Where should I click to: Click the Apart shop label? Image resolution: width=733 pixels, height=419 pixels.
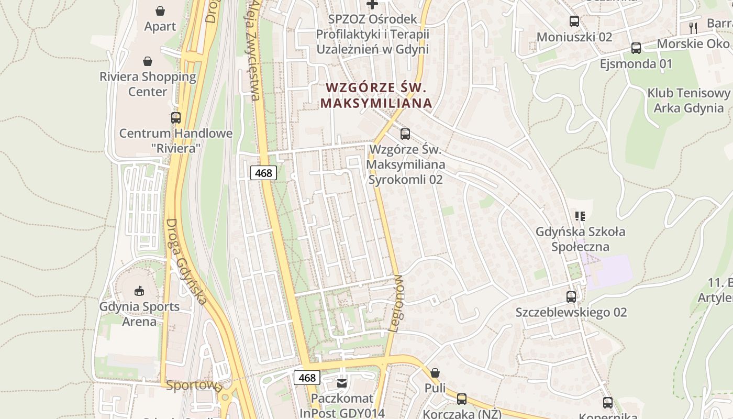(x=160, y=26)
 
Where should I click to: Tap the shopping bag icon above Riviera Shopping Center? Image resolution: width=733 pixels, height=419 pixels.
(x=148, y=61)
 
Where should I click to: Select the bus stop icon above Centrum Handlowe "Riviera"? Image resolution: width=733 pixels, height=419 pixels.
(x=175, y=118)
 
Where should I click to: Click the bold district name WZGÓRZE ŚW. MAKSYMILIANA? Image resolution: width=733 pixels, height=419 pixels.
(x=376, y=95)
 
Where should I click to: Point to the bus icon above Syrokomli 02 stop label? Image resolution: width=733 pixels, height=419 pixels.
(x=405, y=134)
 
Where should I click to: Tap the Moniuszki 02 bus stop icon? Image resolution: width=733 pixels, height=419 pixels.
(x=574, y=21)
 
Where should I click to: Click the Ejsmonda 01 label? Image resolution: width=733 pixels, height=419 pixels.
(x=636, y=64)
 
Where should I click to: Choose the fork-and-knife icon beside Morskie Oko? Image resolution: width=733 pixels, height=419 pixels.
(x=693, y=28)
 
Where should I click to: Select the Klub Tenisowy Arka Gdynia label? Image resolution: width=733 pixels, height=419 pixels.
(x=688, y=101)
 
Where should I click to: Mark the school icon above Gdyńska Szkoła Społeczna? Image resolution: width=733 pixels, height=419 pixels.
(x=580, y=216)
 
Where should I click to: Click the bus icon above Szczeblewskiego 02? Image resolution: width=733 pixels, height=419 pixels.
(x=571, y=296)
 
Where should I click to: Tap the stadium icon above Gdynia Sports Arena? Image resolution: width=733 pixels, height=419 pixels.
(x=139, y=291)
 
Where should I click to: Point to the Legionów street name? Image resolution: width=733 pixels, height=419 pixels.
(x=396, y=304)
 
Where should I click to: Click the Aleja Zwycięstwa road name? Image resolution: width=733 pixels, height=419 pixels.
(x=254, y=50)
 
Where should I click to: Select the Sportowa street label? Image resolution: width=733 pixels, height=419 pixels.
(x=194, y=386)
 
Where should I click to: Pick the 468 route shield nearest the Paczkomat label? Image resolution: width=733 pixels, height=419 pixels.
(x=307, y=378)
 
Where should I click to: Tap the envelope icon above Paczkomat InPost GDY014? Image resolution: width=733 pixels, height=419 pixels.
(x=342, y=383)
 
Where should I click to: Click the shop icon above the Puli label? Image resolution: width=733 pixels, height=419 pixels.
(x=435, y=373)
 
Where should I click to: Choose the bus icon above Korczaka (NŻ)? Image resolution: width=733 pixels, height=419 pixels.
(x=462, y=399)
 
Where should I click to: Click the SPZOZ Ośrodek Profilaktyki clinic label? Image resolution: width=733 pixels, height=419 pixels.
(x=372, y=34)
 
